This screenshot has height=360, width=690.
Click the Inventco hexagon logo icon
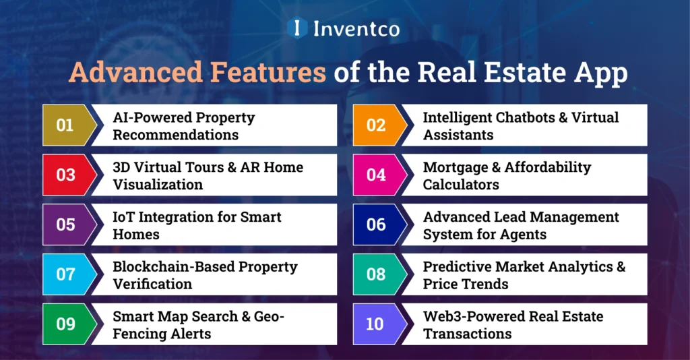pos(297,28)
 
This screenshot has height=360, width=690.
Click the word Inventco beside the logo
pos(356,28)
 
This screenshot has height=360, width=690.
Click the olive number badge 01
pos(65,125)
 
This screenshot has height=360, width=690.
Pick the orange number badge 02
pos(376,125)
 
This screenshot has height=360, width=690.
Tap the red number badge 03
pos(65,175)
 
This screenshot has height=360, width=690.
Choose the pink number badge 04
pos(376,175)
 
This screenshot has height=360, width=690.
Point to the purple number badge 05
pos(65,224)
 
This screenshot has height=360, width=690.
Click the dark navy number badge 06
pos(376,224)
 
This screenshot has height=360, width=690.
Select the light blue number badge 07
pos(65,274)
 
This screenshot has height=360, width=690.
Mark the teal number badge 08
pos(376,274)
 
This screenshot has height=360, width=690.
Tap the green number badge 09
pos(65,324)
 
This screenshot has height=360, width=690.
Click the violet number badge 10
pos(375,324)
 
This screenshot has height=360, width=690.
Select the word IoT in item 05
pos(125,217)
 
